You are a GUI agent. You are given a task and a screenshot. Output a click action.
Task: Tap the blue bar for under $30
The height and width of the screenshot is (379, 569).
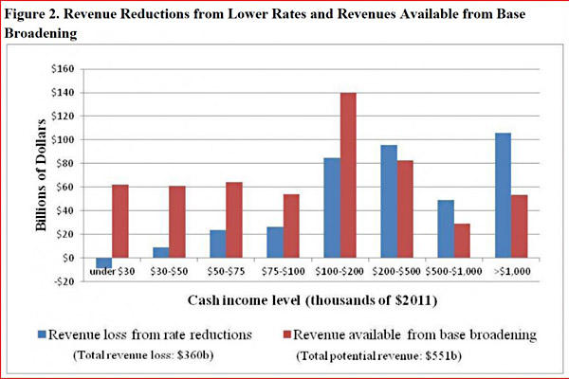click(x=103, y=262)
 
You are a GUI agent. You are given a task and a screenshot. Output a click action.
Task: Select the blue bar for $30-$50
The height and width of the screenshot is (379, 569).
click(x=160, y=252)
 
